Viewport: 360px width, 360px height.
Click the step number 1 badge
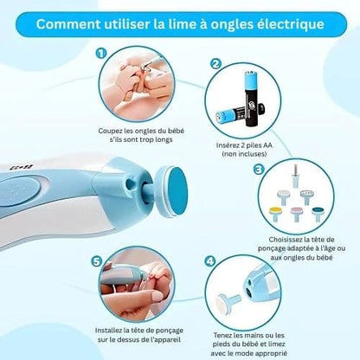[x=100, y=54]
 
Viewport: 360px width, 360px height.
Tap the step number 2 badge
[x=215, y=64]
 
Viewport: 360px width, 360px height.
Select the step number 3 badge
[x=258, y=170]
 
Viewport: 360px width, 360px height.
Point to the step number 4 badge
[x=210, y=261]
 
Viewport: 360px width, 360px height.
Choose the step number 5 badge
[x=97, y=261]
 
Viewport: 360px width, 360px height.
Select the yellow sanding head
[x=274, y=214]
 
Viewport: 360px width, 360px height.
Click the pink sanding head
[x=296, y=214]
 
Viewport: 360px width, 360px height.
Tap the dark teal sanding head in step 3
[x=318, y=214]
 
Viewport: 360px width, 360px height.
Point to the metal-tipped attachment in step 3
[x=295, y=177]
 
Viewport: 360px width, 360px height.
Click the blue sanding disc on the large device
[x=177, y=191]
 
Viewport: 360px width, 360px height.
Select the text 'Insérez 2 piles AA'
[x=244, y=145]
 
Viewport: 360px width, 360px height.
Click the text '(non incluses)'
[x=244, y=154]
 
